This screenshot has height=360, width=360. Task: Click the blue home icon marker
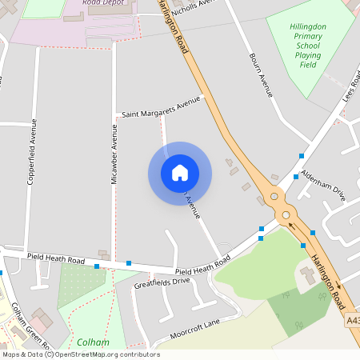click(x=180, y=173)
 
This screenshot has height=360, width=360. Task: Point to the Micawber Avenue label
click(x=114, y=160)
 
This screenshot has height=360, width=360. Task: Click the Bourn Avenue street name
click(x=262, y=76)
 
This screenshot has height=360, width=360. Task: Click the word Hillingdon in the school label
click(x=307, y=26)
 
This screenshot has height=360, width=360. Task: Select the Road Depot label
click(x=102, y=2)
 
